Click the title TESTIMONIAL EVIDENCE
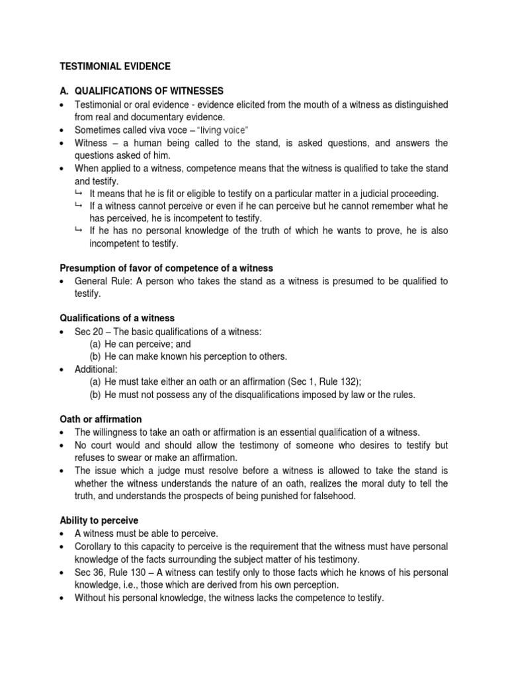115,67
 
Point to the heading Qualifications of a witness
117,318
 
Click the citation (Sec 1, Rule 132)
312,381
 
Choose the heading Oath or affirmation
101,419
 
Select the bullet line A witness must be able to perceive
146,534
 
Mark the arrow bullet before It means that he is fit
79,194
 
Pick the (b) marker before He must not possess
95,395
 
